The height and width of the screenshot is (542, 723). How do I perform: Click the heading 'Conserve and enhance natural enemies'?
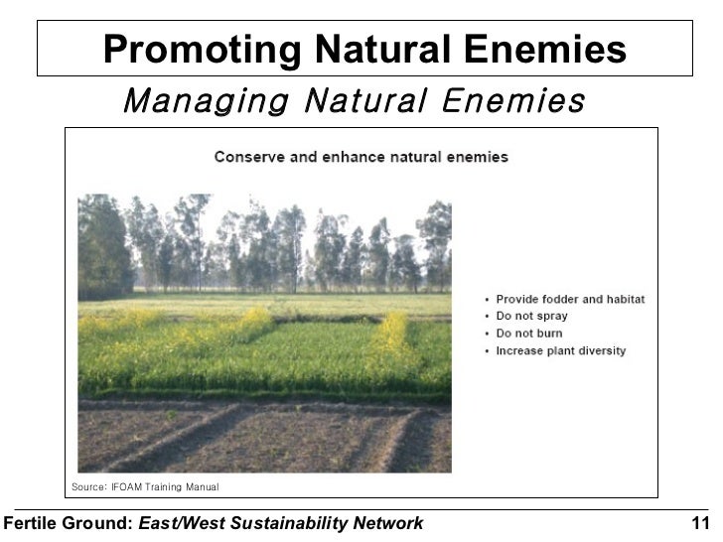coord(361,157)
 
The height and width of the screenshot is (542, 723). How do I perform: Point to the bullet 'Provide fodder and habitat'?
coord(570,299)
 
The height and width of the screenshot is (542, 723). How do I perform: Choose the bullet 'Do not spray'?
coord(531,317)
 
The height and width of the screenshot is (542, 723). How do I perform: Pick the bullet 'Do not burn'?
coord(529,334)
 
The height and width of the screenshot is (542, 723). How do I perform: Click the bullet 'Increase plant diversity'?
coord(561,351)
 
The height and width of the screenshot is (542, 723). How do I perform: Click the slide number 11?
coord(700,523)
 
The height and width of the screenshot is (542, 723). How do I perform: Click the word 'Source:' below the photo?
coord(87,486)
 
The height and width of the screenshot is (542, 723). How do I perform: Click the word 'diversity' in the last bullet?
coord(601,351)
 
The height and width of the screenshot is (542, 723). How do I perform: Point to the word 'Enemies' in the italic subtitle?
coord(507,101)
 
